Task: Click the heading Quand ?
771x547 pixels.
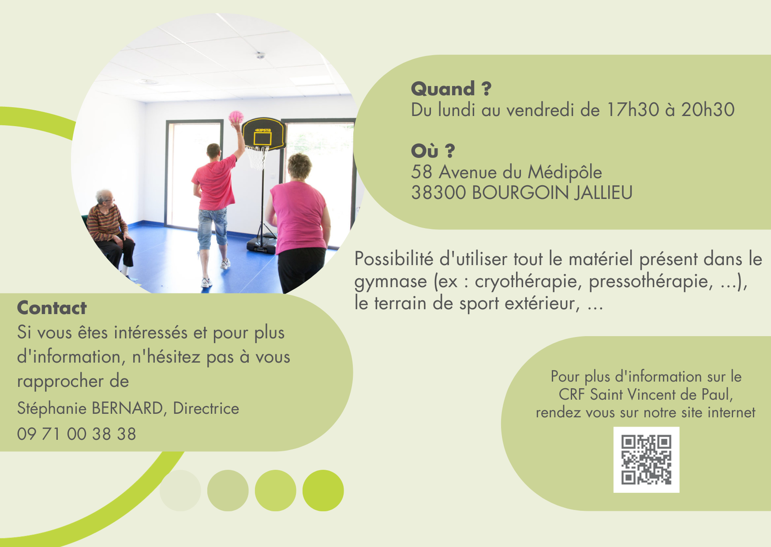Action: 451,89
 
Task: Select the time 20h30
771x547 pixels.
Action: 708,110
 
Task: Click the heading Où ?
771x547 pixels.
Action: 433,151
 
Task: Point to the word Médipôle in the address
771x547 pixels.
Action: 565,172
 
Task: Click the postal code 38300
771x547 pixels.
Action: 438,193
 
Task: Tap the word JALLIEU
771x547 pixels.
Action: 603,193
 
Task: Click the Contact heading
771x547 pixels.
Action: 52,308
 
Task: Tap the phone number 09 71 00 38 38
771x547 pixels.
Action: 77,434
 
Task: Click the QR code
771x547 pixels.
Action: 646,460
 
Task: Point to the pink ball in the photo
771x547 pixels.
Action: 236,117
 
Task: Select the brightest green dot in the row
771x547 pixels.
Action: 323,491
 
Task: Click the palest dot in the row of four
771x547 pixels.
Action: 180,491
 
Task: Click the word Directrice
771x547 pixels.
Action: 206,408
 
